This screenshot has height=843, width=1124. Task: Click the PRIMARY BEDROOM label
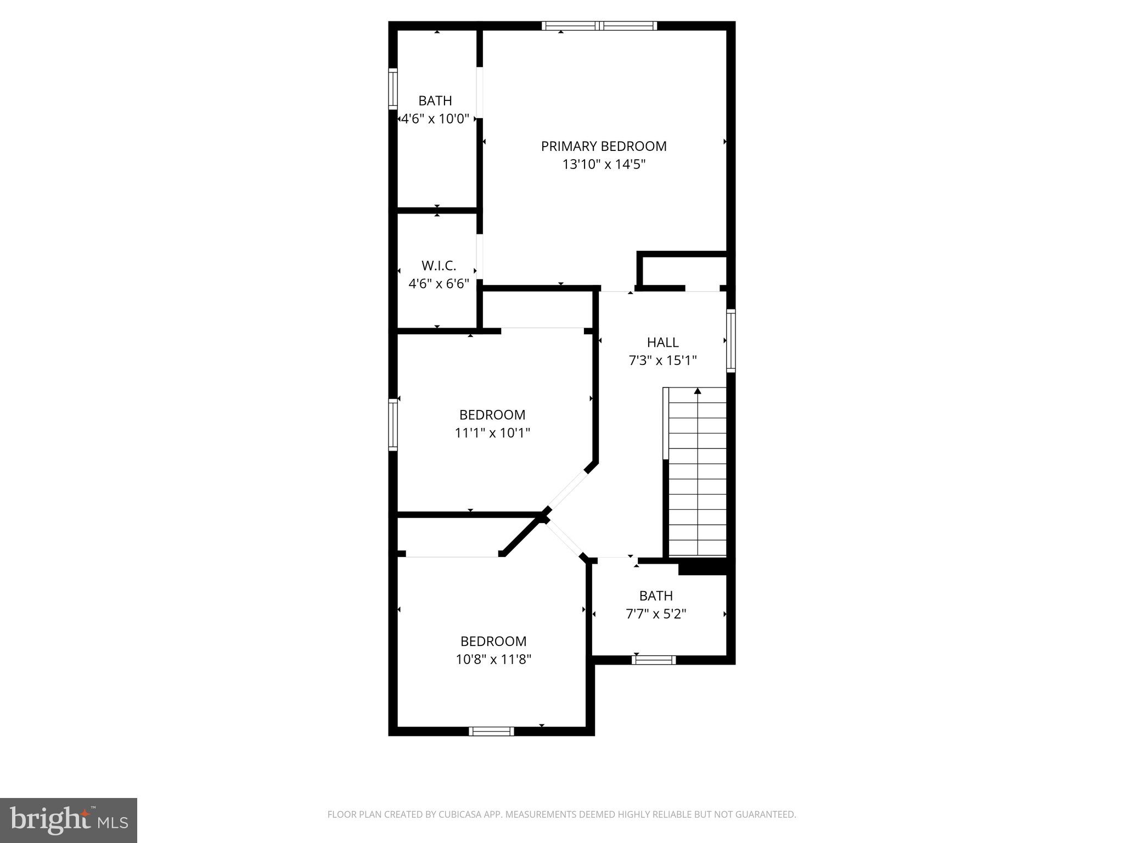[604, 146]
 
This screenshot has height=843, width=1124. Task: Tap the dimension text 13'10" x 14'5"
[604, 164]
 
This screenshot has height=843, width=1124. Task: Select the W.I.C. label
[439, 266]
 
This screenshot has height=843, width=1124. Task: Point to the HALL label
[662, 342]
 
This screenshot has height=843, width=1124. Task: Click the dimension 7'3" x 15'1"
[662, 361]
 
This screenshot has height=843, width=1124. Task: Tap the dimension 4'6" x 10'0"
[435, 119]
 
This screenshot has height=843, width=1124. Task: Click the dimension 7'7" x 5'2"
[656, 614]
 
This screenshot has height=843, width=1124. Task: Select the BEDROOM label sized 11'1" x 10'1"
[492, 415]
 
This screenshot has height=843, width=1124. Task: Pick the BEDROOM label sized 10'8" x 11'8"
[493, 641]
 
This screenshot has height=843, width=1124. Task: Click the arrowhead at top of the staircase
[698, 391]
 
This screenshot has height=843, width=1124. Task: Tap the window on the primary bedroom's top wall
[599, 25]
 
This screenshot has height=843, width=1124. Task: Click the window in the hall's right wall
[731, 340]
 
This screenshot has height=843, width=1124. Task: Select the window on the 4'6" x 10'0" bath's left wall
[393, 88]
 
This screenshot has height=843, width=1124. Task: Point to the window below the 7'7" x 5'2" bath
[653, 660]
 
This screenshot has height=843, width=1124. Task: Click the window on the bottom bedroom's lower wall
[492, 731]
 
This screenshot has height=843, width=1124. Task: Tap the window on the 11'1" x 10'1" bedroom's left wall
[393, 425]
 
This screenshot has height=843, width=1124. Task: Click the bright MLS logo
[69, 820]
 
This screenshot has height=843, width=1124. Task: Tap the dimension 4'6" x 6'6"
[439, 284]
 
